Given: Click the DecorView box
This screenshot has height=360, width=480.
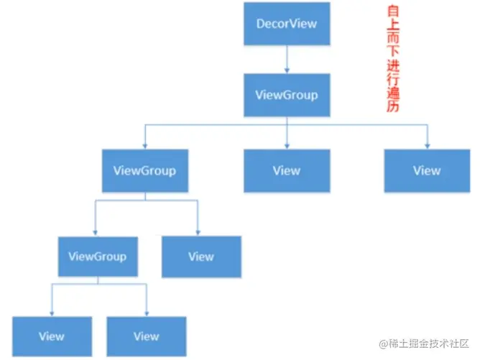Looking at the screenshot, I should tap(287, 24).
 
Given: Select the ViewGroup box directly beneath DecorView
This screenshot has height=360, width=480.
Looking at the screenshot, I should tap(287, 95).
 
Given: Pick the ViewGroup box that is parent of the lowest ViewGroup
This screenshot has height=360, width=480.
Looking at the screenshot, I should tap(145, 171).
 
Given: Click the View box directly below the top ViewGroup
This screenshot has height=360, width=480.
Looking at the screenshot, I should tap(286, 171).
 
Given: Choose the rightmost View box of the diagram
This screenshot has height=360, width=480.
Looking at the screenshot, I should tap(427, 171).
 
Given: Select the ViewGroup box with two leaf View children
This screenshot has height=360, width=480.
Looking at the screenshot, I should tap(98, 257).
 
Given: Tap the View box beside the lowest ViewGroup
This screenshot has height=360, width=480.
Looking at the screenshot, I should tap(201, 257).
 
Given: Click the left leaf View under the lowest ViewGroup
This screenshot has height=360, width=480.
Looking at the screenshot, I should tap(52, 336).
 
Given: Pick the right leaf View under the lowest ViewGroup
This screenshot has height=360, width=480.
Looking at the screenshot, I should tap(147, 336).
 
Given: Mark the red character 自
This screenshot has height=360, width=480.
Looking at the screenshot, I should tap(392, 12).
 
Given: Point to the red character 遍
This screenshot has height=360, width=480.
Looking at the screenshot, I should tap(392, 94).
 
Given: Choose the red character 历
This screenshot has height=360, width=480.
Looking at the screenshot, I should tap(392, 107).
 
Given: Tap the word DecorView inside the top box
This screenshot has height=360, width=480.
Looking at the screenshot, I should tap(287, 24).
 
